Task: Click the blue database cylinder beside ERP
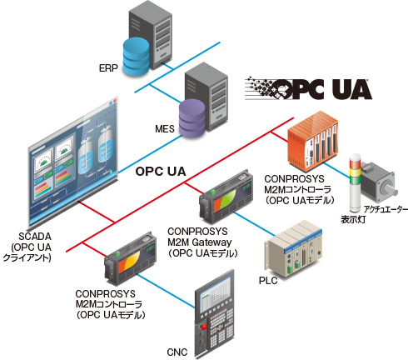(x=136, y=57)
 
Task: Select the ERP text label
(x=108, y=68)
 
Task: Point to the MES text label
(x=165, y=129)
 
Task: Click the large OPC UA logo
(x=308, y=88)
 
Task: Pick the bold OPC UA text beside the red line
(x=161, y=172)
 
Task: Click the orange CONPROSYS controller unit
(x=313, y=141)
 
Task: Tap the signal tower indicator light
(x=354, y=182)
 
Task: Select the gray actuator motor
(x=378, y=182)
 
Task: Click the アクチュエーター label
(x=386, y=209)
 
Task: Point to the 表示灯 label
(x=353, y=219)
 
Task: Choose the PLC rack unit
(x=293, y=248)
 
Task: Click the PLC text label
(x=268, y=281)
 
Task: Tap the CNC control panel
(x=214, y=312)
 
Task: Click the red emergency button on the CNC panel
(x=204, y=327)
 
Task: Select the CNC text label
(x=177, y=352)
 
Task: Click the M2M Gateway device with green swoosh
(x=226, y=196)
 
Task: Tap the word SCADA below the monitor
(x=35, y=237)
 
